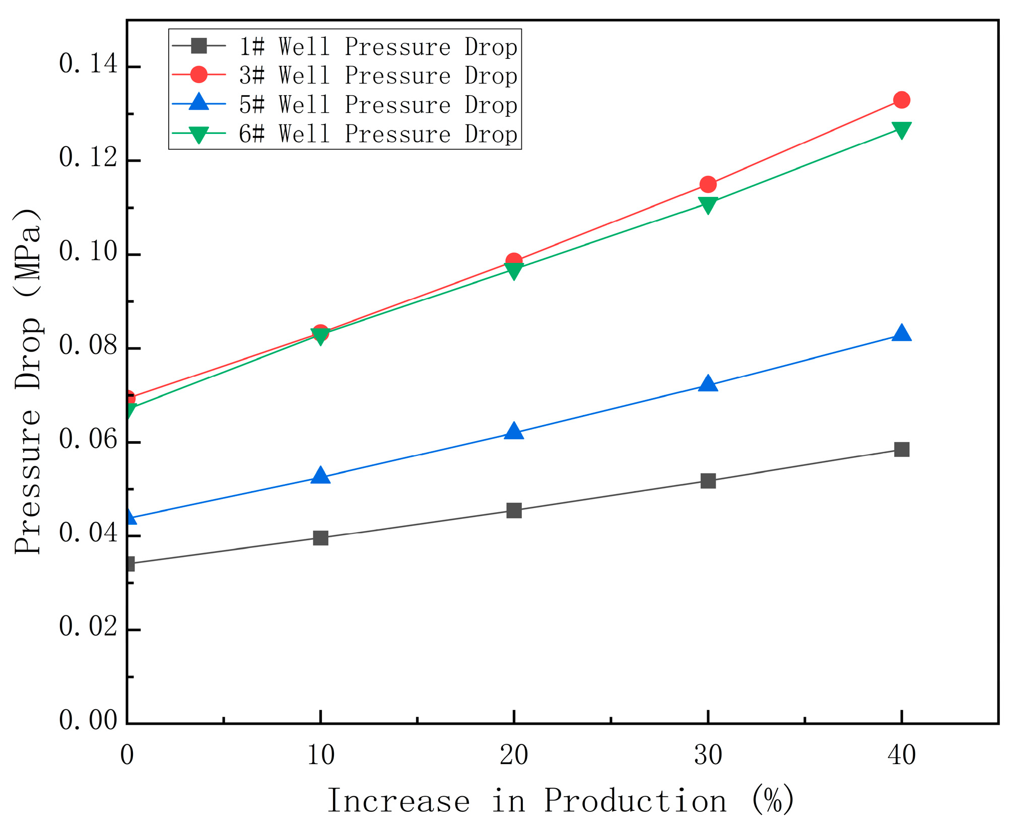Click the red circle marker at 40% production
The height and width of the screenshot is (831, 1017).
(901, 100)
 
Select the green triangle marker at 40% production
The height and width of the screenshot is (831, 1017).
(901, 129)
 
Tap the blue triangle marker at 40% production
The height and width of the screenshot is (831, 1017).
(901, 334)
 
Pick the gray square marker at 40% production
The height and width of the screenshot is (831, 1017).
(901, 449)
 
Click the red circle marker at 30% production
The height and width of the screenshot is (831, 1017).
(708, 184)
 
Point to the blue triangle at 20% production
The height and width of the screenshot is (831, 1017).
(514, 432)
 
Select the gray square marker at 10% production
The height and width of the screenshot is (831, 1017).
(320, 538)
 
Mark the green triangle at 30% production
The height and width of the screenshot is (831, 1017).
(708, 204)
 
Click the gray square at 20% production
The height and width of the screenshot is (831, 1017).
(514, 511)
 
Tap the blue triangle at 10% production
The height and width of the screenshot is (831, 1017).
(320, 476)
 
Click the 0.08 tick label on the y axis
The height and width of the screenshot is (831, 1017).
(88, 346)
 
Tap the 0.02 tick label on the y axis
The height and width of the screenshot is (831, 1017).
(88, 628)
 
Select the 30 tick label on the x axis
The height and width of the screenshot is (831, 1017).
(708, 755)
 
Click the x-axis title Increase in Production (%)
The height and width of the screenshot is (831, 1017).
(561, 801)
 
